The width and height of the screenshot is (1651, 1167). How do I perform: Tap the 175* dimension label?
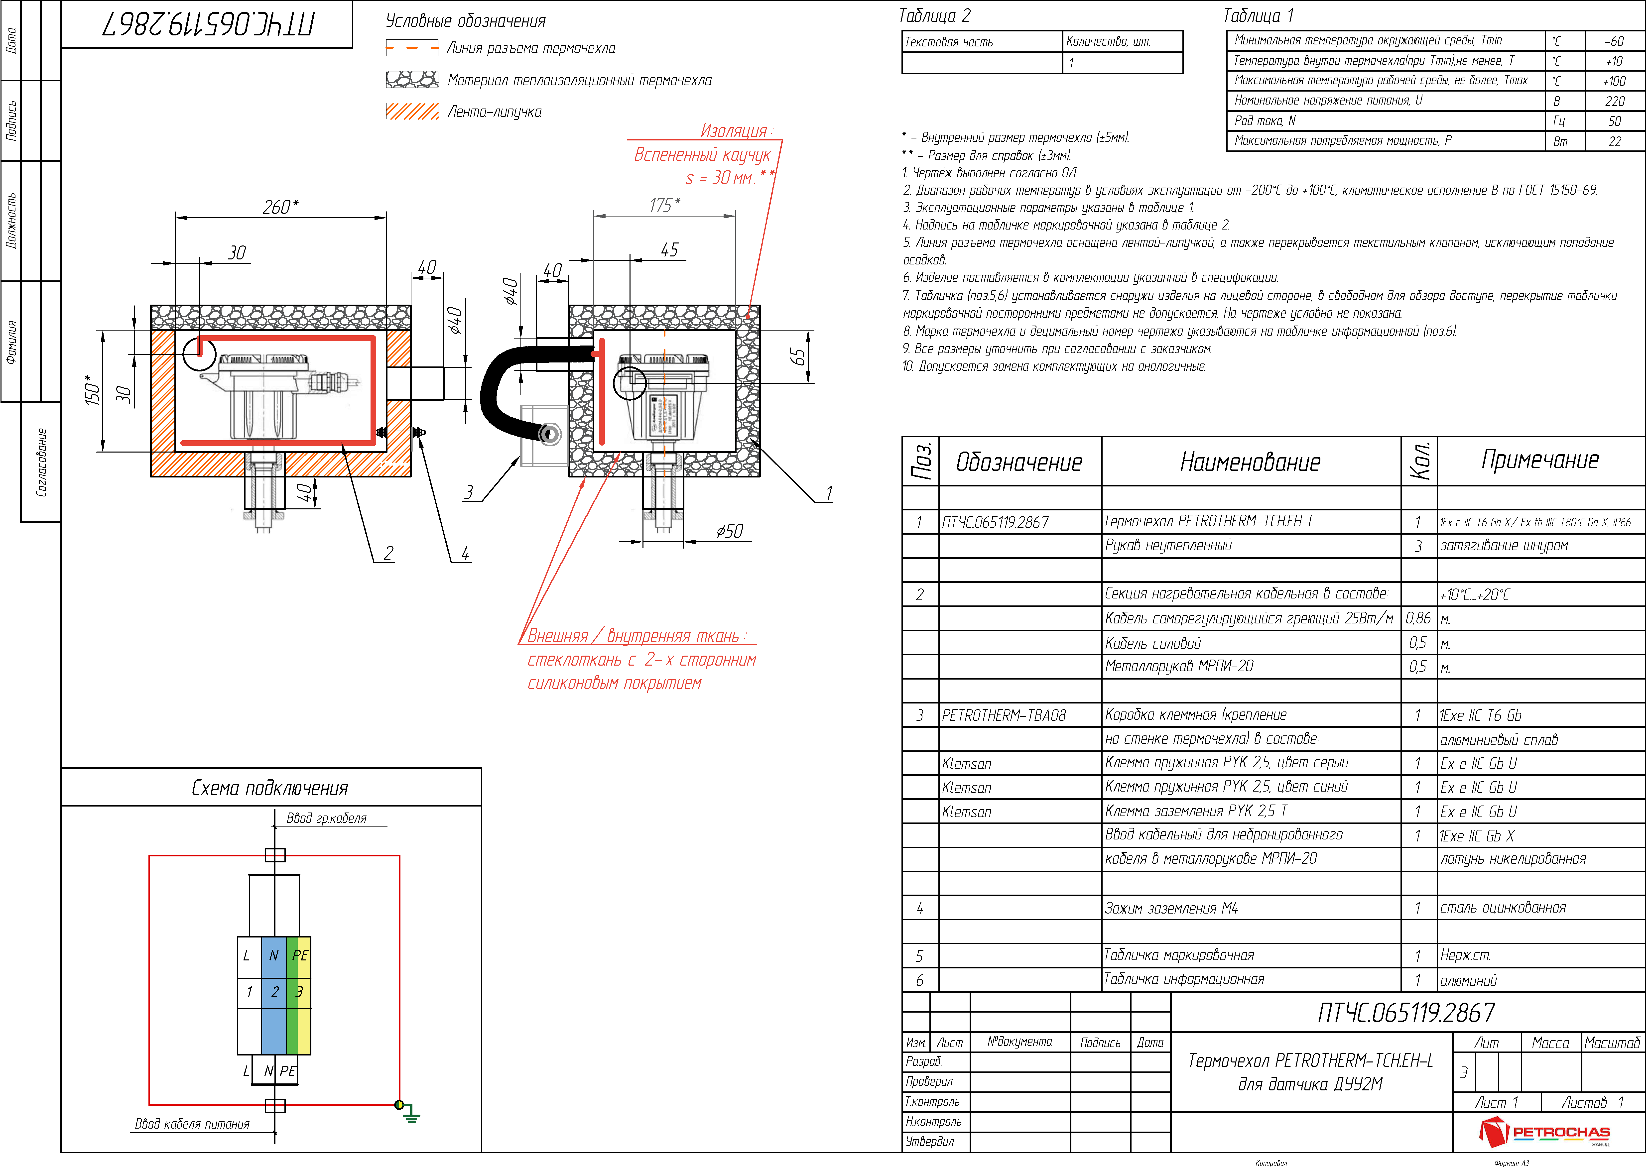(664, 206)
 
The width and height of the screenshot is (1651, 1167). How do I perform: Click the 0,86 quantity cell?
(1418, 618)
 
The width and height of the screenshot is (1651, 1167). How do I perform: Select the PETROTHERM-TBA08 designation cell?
(1004, 715)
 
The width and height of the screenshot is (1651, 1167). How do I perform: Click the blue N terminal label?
(273, 956)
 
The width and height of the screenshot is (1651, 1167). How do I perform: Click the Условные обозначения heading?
(465, 21)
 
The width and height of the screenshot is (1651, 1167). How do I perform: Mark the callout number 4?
(465, 553)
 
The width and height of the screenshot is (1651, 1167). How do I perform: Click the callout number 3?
(469, 492)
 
